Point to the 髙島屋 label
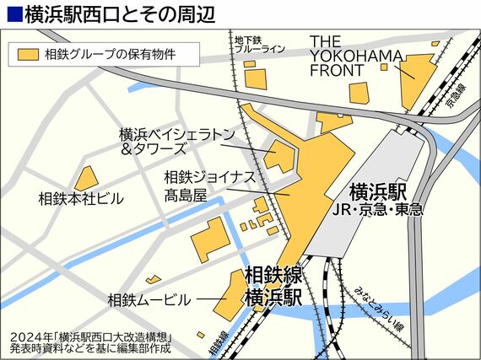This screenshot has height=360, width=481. [x=186, y=196]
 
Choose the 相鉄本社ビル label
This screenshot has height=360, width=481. [x=82, y=199]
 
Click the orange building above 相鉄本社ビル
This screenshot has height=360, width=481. [x=86, y=178]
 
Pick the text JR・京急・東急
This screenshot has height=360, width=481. [x=377, y=208]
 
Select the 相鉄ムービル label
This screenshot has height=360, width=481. [x=149, y=299]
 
